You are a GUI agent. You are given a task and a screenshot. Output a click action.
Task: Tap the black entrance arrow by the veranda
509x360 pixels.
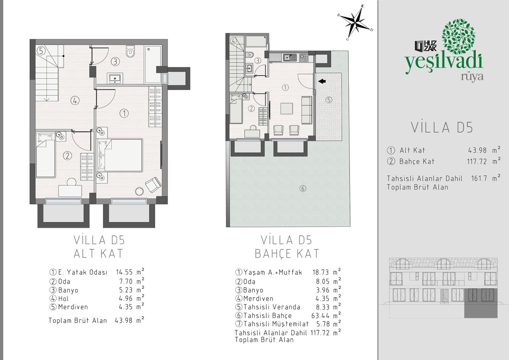[322, 81]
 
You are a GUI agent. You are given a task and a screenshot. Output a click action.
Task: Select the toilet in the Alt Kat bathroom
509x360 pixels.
[130, 52]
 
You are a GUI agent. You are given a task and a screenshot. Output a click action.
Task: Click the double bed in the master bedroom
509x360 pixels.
[120, 155]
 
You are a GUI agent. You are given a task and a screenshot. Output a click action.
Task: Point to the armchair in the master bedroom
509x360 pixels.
[153, 184]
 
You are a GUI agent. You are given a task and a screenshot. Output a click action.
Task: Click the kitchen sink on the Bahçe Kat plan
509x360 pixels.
[290, 58]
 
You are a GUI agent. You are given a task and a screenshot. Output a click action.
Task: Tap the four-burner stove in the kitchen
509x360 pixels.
[304, 58]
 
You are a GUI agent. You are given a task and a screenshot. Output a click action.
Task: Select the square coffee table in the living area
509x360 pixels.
[286, 109]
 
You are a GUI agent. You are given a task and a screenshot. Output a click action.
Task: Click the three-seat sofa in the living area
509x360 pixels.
[307, 110]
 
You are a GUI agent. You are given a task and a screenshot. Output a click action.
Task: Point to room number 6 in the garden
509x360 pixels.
[303, 189]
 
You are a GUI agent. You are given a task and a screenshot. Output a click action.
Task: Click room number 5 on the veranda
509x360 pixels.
[329, 100]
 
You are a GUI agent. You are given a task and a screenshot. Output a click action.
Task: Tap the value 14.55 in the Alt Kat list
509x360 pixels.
[124, 272]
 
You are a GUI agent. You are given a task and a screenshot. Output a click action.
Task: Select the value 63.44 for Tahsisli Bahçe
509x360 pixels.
[320, 316]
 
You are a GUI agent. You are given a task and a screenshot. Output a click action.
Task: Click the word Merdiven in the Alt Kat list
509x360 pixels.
[73, 307]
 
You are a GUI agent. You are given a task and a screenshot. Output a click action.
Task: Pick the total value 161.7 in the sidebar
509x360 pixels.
[479, 178]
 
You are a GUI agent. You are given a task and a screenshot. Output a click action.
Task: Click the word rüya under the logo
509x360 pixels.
[472, 77]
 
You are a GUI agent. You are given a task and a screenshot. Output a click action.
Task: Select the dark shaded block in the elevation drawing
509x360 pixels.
[481, 303]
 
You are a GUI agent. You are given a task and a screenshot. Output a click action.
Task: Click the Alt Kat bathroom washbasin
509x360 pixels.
[115, 78]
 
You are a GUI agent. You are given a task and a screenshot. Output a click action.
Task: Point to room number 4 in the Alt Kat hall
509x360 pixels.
[75, 100]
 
